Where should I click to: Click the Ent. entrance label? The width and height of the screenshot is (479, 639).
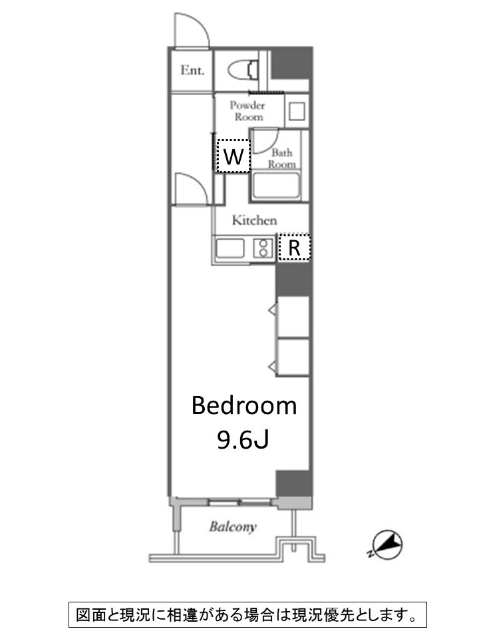pyautogui.click(x=192, y=70)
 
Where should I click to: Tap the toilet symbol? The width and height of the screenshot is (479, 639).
pyautogui.click(x=243, y=70)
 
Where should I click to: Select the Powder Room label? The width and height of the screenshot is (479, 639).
pyautogui.click(x=247, y=111)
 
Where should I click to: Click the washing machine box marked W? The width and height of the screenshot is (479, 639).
pyautogui.click(x=233, y=156)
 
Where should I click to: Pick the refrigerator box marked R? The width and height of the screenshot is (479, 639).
pyautogui.click(x=295, y=247)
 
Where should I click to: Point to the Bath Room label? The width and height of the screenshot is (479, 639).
pyautogui.click(x=282, y=158)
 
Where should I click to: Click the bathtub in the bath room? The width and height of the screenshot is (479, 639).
pyautogui.click(x=275, y=186)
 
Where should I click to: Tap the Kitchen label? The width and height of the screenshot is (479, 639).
pyautogui.click(x=255, y=220)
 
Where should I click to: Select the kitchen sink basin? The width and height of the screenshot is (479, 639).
pyautogui.click(x=230, y=248)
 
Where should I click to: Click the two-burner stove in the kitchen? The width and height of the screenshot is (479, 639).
pyautogui.click(x=263, y=248)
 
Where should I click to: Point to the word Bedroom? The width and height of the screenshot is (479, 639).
pyautogui.click(x=244, y=405)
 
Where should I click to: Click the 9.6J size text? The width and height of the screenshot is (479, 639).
pyautogui.click(x=243, y=439)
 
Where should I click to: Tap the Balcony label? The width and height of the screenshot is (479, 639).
pyautogui.click(x=233, y=527)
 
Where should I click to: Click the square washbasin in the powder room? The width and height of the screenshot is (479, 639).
pyautogui.click(x=297, y=111)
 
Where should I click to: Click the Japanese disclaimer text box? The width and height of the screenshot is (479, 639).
pyautogui.click(x=247, y=614)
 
